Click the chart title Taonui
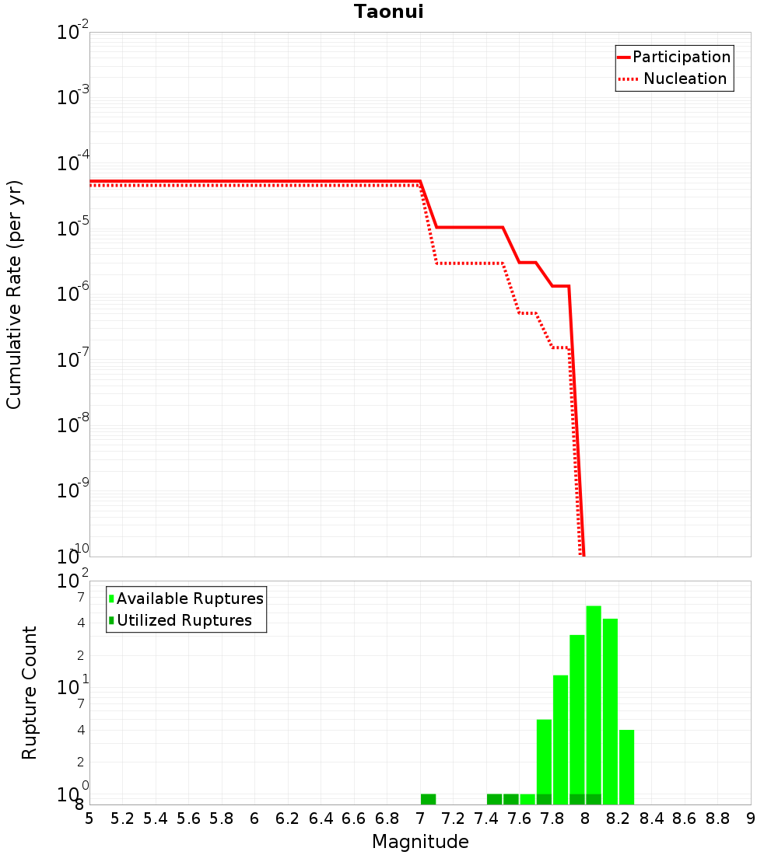(388, 12)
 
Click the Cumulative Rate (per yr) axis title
(14, 295)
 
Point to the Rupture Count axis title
(30, 692)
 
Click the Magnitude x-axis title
(420, 842)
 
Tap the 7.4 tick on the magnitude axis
(486, 818)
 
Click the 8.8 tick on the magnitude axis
(717, 818)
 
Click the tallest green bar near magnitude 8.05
(594, 704)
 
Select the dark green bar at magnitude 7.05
(428, 799)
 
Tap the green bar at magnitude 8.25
(626, 766)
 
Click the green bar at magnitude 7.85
(560, 739)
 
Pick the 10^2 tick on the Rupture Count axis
(73, 582)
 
